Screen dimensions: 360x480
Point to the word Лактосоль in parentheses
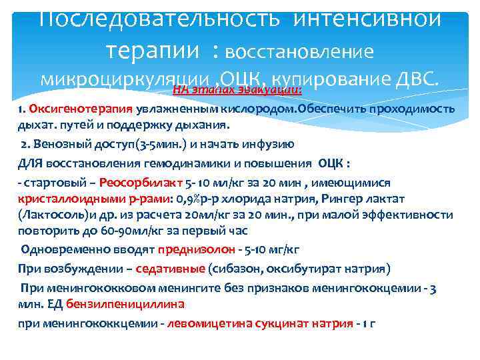point(53,215)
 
